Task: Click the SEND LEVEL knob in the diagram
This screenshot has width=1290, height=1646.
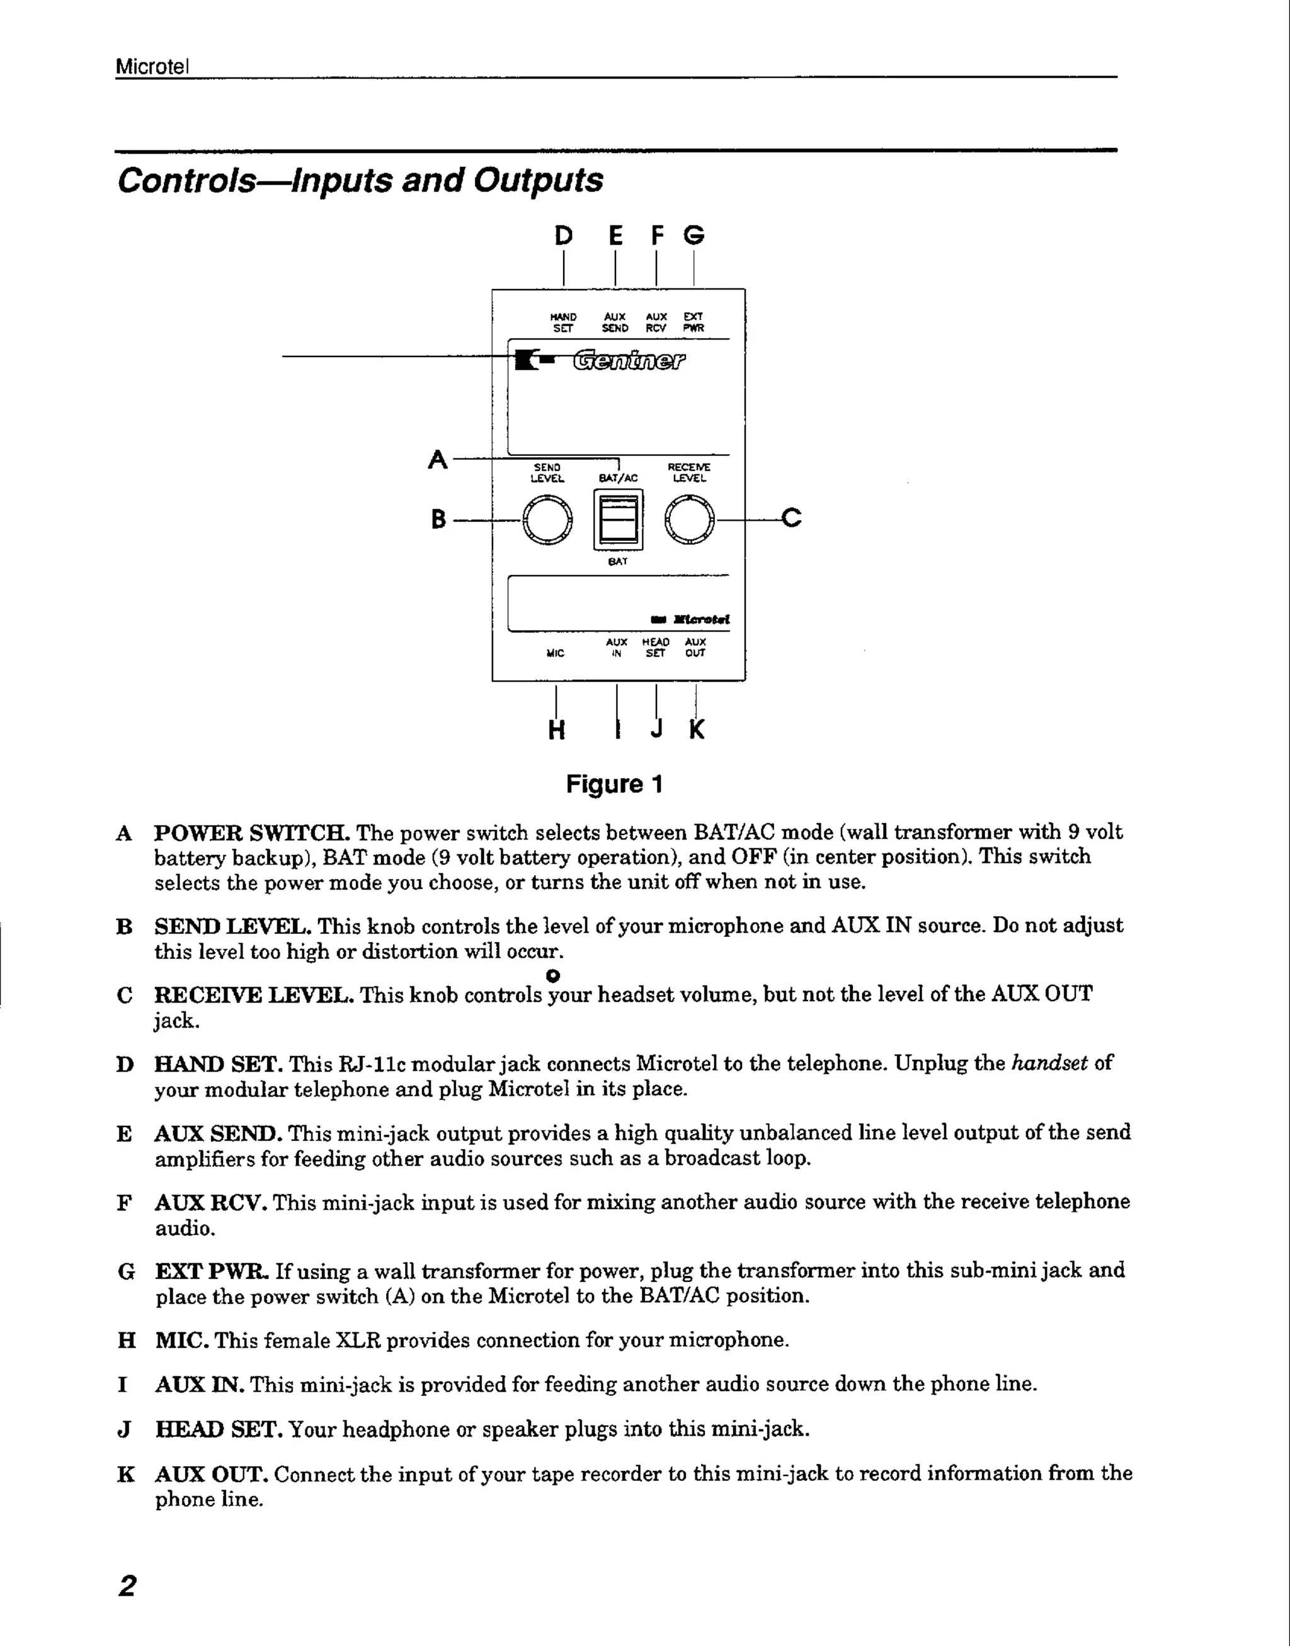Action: tap(547, 519)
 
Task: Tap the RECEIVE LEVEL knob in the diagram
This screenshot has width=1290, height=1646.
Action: tap(689, 519)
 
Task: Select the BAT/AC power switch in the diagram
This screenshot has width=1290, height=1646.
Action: tap(618, 519)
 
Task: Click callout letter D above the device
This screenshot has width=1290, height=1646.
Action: tap(564, 236)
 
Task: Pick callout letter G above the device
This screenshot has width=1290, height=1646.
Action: tap(694, 236)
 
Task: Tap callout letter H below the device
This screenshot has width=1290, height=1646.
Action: tap(557, 730)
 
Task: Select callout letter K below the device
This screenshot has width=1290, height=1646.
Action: tap(697, 730)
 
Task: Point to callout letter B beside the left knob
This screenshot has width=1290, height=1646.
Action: tap(438, 519)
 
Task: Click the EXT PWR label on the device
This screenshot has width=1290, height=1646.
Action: tap(694, 322)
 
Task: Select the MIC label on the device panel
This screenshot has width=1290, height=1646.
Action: tap(555, 653)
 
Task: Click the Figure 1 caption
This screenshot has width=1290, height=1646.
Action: tap(614, 785)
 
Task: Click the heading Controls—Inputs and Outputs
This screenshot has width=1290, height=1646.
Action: tap(360, 181)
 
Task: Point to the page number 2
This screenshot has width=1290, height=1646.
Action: tap(127, 1585)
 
